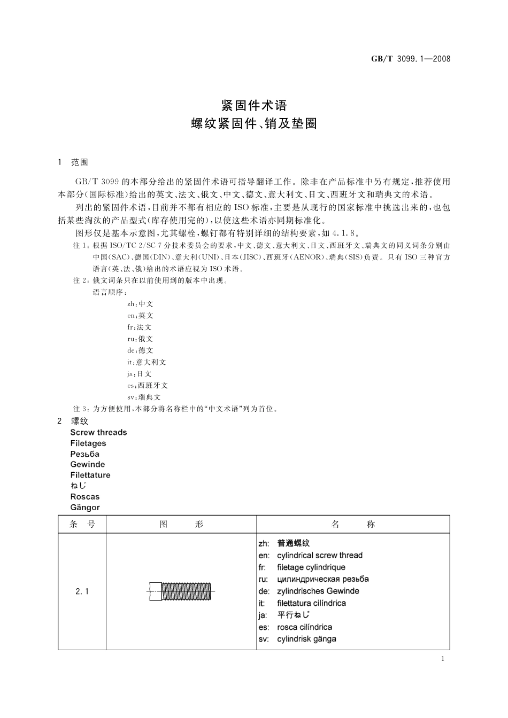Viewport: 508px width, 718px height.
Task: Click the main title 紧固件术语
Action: coord(254,104)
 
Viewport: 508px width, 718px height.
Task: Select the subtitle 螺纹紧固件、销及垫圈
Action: coord(254,124)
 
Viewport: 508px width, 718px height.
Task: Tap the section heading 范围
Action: coord(79,162)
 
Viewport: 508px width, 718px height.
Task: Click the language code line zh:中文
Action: coord(140,303)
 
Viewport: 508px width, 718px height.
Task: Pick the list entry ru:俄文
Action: coord(140,339)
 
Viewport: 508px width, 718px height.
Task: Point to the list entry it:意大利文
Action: coord(147,362)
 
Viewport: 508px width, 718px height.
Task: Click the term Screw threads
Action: coord(98,432)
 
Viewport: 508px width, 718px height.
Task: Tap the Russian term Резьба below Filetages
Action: coord(84,454)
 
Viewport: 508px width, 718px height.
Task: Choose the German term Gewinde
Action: coord(87,464)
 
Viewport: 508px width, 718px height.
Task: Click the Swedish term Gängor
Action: coord(84,508)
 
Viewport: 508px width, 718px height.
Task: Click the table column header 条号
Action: coord(82,525)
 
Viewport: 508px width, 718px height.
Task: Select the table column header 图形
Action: coord(181,525)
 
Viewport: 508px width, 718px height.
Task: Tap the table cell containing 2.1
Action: coord(82,591)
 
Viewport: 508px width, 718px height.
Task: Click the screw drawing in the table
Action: coord(181,591)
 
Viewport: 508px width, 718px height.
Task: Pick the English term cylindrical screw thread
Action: coord(319,555)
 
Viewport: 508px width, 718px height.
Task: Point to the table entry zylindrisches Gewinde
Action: coord(318,591)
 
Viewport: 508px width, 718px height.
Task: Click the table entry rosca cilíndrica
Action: coord(304,627)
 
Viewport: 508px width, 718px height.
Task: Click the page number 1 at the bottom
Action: coord(443,659)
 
